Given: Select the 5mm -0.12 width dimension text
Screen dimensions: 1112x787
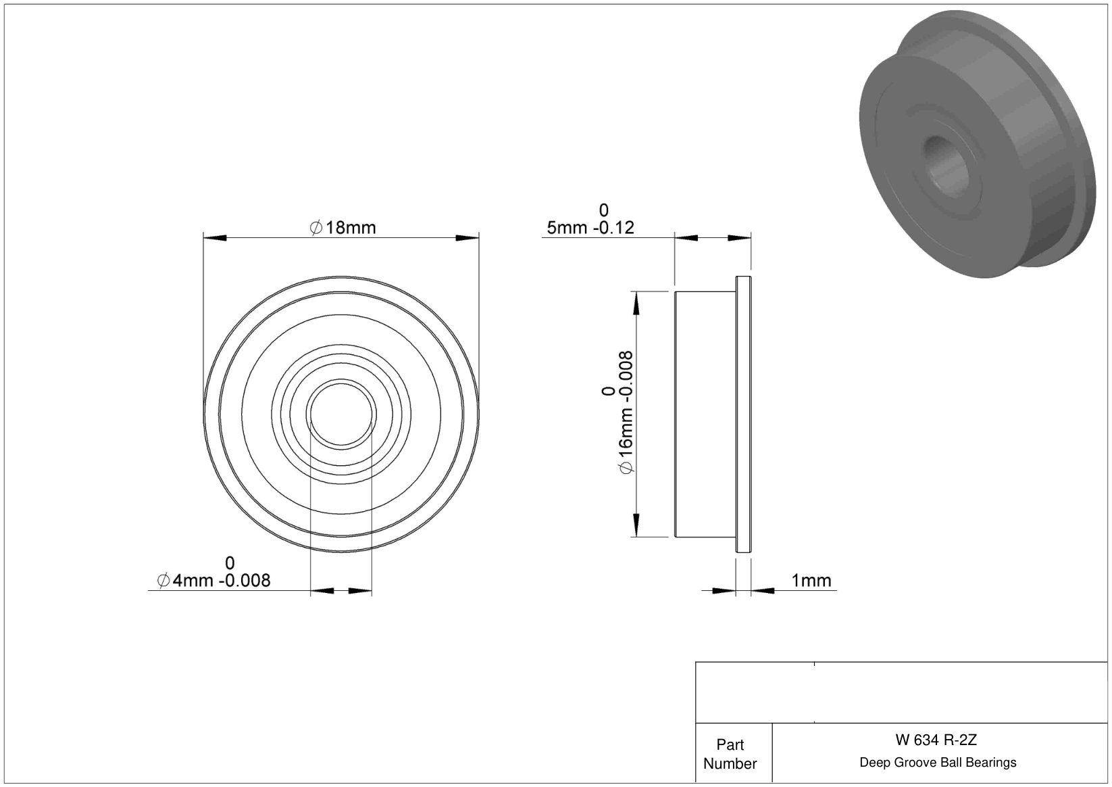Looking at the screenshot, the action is (590, 228).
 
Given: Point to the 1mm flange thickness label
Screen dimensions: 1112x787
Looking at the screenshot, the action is (811, 580).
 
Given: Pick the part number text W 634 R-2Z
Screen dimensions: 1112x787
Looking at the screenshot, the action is (936, 740).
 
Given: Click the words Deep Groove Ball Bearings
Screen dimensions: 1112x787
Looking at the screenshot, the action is (938, 762).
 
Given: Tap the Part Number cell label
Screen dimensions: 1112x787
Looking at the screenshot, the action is (730, 754).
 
